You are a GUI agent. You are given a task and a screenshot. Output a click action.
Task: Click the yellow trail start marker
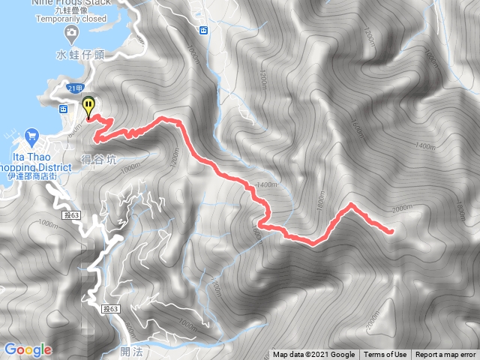pos(89,106)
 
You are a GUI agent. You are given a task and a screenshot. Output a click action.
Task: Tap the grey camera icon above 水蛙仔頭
pos(71,32)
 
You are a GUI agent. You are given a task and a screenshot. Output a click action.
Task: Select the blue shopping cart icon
pos(31,136)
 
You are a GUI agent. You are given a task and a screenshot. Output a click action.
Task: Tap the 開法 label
pos(129,350)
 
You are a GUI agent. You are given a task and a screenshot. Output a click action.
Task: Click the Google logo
pos(28,349)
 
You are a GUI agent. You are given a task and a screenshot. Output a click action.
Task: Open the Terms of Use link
pos(385,355)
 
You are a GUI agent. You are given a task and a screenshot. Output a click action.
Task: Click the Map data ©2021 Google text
pos(313,355)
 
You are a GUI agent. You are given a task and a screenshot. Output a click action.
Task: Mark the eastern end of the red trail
pos(392,232)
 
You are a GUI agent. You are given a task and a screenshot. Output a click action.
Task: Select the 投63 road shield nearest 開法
pos(110,308)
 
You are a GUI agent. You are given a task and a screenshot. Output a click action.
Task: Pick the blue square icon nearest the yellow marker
pos(63,108)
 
